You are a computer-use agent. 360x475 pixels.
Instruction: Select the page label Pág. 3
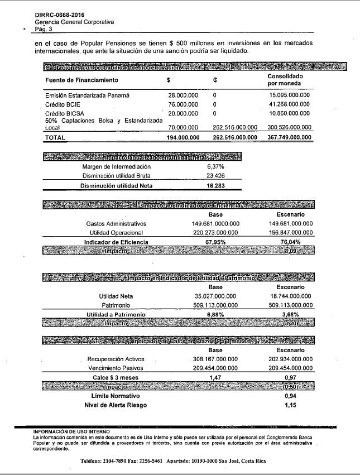44,28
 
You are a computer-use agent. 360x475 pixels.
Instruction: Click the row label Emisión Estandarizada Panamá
88,95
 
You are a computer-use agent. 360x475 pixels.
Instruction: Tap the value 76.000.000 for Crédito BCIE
183,104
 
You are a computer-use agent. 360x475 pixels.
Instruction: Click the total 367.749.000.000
289,137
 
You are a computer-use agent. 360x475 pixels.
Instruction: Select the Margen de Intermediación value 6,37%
215,167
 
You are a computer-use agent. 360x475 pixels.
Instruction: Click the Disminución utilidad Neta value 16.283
215,185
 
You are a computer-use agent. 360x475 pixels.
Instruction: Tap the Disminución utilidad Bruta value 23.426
215,176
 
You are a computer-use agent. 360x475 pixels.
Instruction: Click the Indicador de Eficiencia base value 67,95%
215,242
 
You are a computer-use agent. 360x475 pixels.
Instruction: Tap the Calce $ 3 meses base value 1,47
215,378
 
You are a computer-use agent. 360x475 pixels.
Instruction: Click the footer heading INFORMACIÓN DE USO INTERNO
71,431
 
